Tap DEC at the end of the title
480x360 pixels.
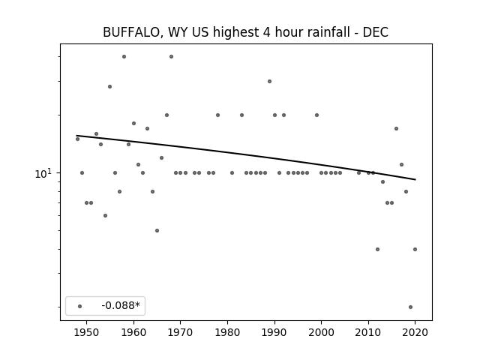click(x=376, y=32)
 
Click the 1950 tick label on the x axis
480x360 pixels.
click(x=87, y=332)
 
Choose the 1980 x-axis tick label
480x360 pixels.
click(x=227, y=332)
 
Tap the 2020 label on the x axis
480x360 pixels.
click(x=415, y=332)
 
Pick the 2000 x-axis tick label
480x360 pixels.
click(x=321, y=332)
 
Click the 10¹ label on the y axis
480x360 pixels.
click(x=43, y=173)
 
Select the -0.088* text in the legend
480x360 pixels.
click(x=121, y=305)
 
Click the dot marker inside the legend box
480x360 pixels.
click(x=80, y=306)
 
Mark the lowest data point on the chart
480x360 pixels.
click(x=410, y=307)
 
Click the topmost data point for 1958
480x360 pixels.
click(x=124, y=57)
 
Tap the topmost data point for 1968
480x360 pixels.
click(x=172, y=57)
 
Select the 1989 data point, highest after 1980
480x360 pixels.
click(x=270, y=82)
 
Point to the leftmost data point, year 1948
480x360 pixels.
click(x=77, y=139)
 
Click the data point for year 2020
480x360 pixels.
click(x=415, y=250)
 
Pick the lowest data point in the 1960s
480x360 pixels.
click(x=157, y=230)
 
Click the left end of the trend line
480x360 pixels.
click(x=76, y=136)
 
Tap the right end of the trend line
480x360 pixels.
click(x=415, y=180)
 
